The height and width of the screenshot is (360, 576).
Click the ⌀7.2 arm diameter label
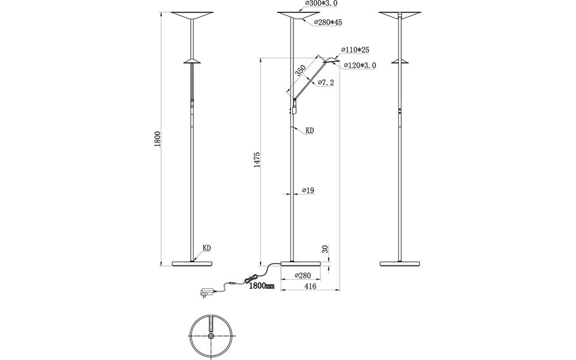click(x=326, y=82)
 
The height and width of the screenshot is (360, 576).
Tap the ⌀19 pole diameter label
click(x=308, y=191)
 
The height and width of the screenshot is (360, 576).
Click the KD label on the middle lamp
click(x=310, y=130)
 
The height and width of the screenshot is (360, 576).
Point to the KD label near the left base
click(x=206, y=247)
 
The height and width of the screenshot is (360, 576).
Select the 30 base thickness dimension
click(x=325, y=248)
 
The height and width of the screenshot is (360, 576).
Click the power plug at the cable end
click(x=205, y=292)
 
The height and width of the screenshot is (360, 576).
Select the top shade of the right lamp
click(x=400, y=16)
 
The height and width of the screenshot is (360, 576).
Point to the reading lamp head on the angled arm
click(x=331, y=60)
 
